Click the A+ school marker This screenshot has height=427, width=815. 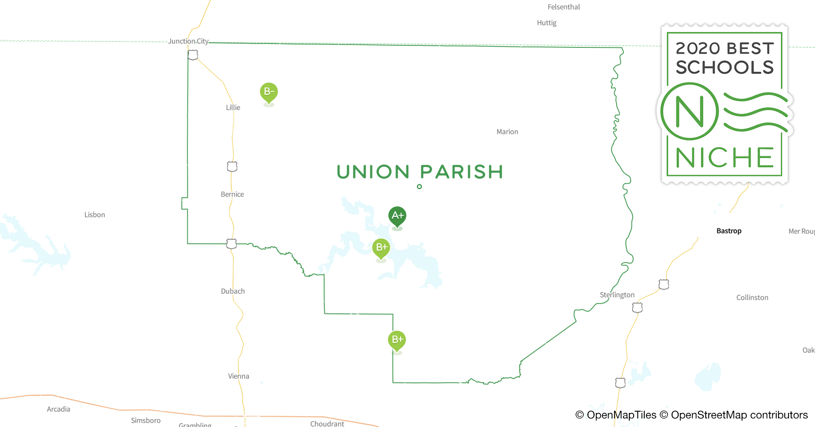[x=397, y=216]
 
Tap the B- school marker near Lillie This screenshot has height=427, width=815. [x=269, y=91]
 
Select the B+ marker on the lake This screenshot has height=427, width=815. [x=381, y=247]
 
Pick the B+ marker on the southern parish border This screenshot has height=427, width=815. [x=397, y=339]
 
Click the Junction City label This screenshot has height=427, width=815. [x=188, y=41]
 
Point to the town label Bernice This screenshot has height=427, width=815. [x=232, y=194]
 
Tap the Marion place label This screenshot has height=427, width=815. [x=507, y=132]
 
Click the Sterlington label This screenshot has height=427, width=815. [x=617, y=295]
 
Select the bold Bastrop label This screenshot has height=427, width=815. [x=729, y=231]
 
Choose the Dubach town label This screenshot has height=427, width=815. [x=233, y=291]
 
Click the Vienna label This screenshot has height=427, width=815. [x=239, y=376]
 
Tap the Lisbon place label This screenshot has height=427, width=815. [x=94, y=215]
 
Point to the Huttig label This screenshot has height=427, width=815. [x=547, y=23]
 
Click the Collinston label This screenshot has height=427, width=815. [x=752, y=298]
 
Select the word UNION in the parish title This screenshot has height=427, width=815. [x=373, y=172]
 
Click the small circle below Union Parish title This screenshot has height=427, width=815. [x=419, y=187]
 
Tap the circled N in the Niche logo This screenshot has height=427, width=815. [x=689, y=111]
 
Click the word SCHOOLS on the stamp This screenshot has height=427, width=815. [x=725, y=67]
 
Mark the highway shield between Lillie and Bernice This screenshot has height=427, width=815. [x=232, y=167]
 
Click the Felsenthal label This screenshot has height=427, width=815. [x=564, y=7]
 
